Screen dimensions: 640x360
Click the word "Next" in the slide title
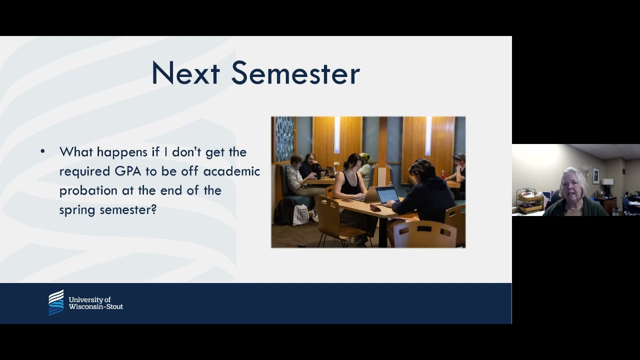tap(185, 73)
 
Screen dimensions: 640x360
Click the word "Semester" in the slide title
tap(295, 73)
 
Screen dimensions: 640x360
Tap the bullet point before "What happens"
tap(43, 151)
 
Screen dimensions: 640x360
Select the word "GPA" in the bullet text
tap(128, 171)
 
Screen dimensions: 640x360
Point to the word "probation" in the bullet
tap(88, 191)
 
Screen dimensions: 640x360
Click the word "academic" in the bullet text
tap(231, 171)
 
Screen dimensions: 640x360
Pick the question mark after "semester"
tap(153, 209)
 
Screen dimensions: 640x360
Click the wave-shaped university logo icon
tap(56, 302)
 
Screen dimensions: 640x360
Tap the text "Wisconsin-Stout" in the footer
tap(96, 307)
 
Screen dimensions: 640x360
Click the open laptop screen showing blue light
tap(387, 195)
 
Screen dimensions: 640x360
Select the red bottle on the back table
tap(443, 174)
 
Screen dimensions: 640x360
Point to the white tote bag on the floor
tap(300, 215)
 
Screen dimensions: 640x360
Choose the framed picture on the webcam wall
tap(596, 175)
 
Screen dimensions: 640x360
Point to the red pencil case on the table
tap(375, 207)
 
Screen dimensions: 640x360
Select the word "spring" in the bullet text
tap(77, 210)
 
